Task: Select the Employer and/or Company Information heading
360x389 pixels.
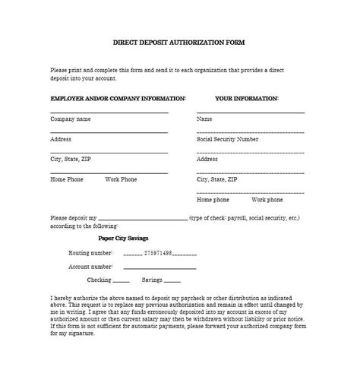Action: click(118, 99)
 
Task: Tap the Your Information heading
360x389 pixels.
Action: click(246, 99)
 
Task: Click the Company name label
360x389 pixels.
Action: click(71, 119)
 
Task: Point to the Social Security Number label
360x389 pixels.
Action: click(227, 140)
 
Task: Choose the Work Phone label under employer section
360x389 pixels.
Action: click(121, 179)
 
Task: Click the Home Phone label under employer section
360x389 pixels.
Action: click(67, 179)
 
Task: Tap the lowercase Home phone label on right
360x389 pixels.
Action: click(213, 200)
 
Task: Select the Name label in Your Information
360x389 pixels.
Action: click(204, 119)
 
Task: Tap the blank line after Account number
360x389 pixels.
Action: click(159, 268)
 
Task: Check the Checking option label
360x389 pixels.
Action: click(99, 280)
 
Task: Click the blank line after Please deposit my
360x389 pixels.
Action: click(142, 219)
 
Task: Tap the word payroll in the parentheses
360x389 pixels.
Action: click(238, 218)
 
